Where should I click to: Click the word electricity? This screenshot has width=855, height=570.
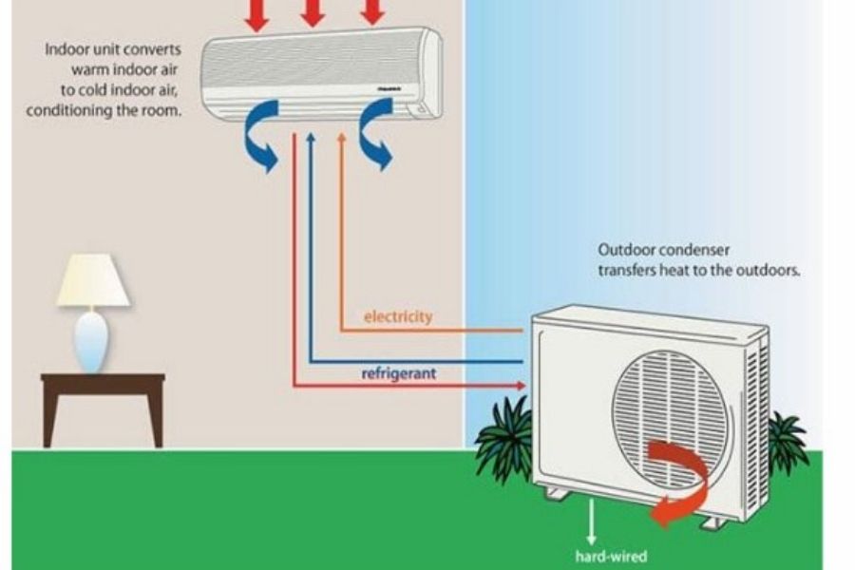pyautogui.click(x=398, y=316)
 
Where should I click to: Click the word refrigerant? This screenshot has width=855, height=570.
pyautogui.click(x=399, y=373)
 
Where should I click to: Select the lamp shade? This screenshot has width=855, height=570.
pyautogui.click(x=93, y=280)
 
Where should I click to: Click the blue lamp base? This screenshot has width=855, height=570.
pyautogui.click(x=92, y=341)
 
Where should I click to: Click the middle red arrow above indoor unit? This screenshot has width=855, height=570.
pyautogui.click(x=313, y=12)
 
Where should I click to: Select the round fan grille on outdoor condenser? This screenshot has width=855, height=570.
pyautogui.click(x=673, y=414)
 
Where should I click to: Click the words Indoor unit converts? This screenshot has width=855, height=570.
pyautogui.click(x=113, y=48)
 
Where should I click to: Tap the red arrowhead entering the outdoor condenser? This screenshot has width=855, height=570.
pyautogui.click(x=519, y=385)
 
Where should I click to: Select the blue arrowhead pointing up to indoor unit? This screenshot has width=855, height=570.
pyautogui.click(x=310, y=139)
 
